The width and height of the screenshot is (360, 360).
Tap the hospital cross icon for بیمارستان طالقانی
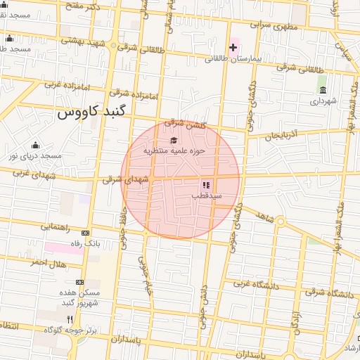pyautogui.click(x=233, y=47)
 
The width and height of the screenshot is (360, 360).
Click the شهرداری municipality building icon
pyautogui.click(x=322, y=90)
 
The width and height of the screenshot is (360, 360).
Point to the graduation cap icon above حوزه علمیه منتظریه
pyautogui.click(x=174, y=140)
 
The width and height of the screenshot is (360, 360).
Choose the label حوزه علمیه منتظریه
pyautogui.click(x=174, y=150)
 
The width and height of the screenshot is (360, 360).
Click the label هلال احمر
pyautogui.click(x=47, y=262)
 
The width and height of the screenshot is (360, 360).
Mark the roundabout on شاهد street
pyautogui.click(x=280, y=222)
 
